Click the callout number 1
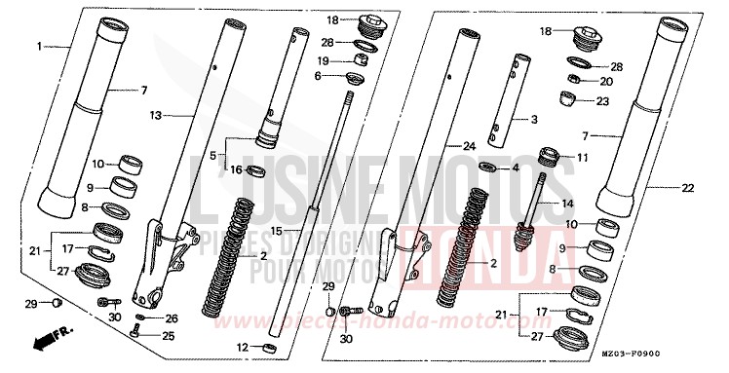tap(41, 46)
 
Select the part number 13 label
tap(155, 115)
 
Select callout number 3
tap(533, 120)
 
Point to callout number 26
tap(173, 317)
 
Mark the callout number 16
tap(235, 169)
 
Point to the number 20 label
tap(605, 82)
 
